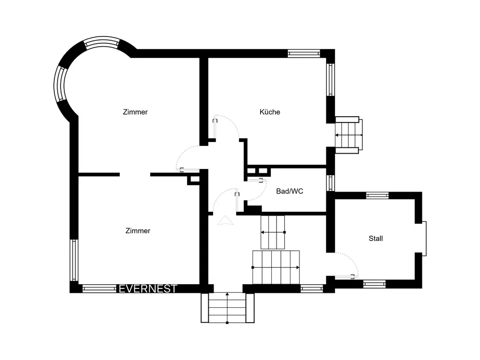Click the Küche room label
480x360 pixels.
(270, 112)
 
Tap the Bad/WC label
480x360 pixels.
(289, 192)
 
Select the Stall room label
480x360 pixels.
(376, 239)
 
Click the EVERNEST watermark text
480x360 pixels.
(148, 288)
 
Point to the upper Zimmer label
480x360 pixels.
(135, 112)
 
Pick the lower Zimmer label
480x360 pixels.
(138, 231)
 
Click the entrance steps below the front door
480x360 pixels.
(228, 308)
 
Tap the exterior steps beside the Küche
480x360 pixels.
(348, 135)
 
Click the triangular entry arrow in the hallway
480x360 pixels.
(225, 220)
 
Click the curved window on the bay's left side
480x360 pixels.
(60, 83)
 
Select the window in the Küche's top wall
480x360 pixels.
(304, 54)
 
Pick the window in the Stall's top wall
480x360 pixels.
(377, 195)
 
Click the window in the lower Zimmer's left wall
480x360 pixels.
(74, 260)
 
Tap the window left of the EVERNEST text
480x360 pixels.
(99, 288)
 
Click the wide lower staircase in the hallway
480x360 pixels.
(276, 267)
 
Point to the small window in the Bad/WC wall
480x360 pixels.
(330, 183)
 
